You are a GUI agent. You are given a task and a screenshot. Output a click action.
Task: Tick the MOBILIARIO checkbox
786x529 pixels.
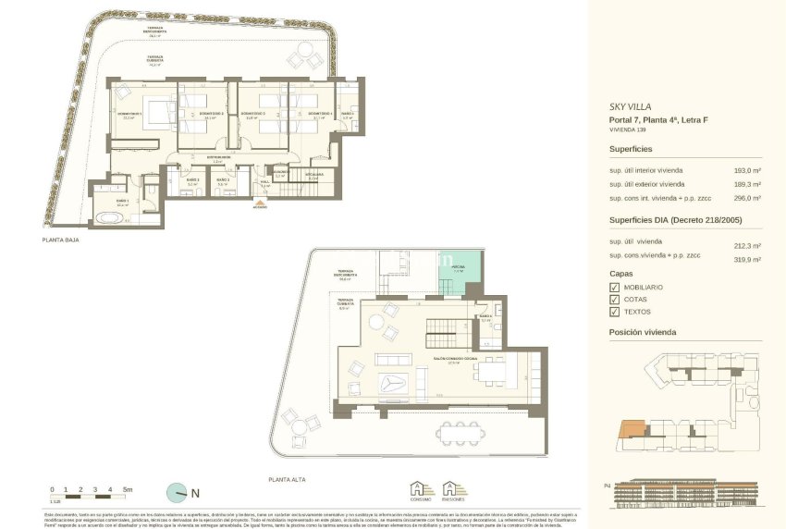click(x=614, y=288)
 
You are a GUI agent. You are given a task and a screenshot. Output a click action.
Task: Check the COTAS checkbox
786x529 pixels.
click(x=614, y=300)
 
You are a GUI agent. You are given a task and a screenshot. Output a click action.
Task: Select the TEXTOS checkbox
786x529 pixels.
click(x=614, y=312)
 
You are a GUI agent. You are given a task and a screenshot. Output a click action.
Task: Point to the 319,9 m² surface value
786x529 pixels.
click(x=747, y=260)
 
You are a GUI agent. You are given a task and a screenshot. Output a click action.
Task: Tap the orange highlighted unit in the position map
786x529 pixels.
click(x=632, y=427)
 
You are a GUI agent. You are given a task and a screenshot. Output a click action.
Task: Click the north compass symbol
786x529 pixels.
click(x=176, y=492)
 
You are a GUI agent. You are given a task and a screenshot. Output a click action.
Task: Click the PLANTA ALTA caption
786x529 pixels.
click(x=288, y=480)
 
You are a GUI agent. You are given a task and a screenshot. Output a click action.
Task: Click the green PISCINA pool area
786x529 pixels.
click(x=460, y=273)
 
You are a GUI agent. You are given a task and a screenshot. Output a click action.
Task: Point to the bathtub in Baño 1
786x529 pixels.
click(x=108, y=218)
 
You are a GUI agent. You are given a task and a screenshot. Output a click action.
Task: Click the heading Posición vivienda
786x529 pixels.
click(x=642, y=332)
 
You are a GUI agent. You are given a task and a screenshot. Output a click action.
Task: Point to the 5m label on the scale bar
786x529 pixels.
click(x=128, y=488)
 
